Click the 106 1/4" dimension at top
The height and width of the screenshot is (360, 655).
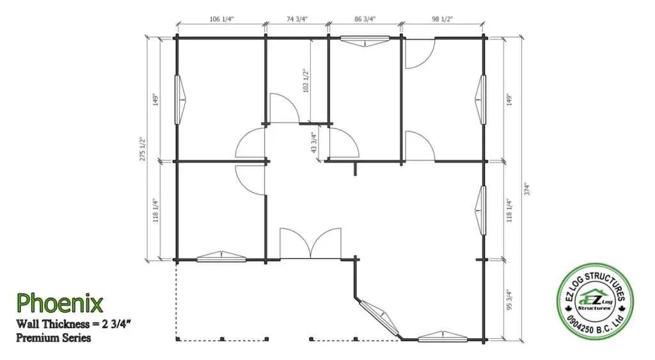221,19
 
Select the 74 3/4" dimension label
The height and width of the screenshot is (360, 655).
297,19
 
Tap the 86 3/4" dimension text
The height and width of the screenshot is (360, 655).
365,19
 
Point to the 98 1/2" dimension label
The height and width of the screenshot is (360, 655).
443,19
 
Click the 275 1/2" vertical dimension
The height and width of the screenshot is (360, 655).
143,149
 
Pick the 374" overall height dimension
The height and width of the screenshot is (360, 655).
527,189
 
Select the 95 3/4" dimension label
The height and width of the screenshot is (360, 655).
509,300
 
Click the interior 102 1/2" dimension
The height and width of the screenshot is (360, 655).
306,81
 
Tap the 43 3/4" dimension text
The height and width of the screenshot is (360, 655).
314,143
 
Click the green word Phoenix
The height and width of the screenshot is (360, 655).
59,303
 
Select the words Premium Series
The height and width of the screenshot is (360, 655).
54,338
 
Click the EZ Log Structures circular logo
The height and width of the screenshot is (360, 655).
595,301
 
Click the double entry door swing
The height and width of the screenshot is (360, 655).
310,244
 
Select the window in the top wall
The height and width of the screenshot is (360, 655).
365,40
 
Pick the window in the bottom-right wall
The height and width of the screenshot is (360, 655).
443,337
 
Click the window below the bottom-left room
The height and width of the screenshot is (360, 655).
221,256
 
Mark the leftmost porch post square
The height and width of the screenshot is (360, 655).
178,339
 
